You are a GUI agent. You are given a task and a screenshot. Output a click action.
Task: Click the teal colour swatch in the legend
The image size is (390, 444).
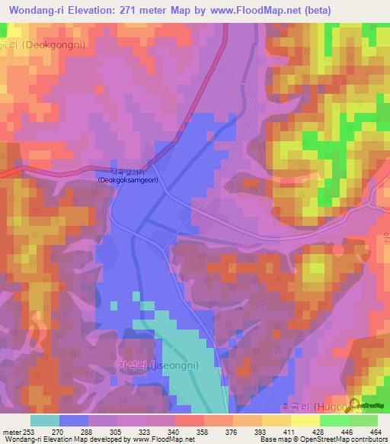[x=45, y=420]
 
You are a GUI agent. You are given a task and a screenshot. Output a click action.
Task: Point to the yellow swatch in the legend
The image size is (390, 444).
[x=277, y=420]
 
